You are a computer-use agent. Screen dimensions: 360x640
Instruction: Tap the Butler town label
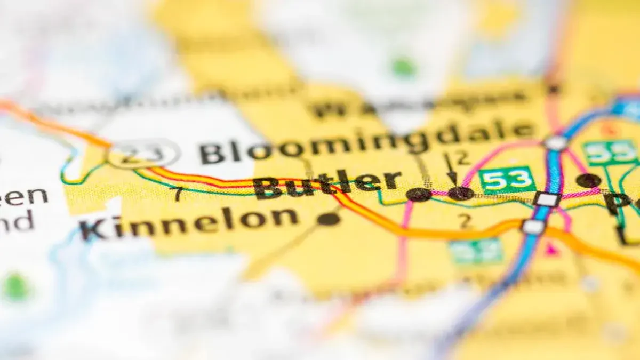[326, 184]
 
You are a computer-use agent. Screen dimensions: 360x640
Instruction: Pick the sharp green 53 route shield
[507, 180]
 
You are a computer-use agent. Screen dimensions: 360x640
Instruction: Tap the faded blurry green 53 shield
[476, 251]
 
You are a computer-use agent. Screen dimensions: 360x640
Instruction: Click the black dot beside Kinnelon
[328, 219]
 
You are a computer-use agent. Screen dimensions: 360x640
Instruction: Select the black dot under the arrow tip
[460, 193]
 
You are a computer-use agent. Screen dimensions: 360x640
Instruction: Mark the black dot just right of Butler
[419, 195]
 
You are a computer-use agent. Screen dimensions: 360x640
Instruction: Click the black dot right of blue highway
[588, 180]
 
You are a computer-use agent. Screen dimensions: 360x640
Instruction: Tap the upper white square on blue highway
[547, 199]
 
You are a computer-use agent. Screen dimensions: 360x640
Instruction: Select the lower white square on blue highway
[533, 227]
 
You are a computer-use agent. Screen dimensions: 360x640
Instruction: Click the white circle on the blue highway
[556, 143]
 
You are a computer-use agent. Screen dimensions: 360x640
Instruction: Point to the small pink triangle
[551, 248]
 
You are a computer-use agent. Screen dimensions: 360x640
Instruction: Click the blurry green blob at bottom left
[15, 288]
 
